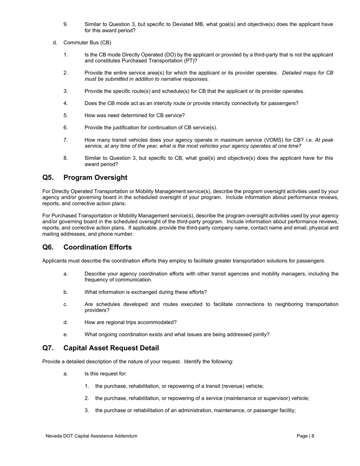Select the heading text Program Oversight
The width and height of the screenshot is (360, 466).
click(95, 178)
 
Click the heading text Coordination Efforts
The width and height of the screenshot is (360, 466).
click(97, 247)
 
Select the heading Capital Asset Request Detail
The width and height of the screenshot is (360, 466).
click(111, 348)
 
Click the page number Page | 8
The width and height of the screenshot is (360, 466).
click(305, 436)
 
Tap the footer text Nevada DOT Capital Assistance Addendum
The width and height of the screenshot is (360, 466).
click(91, 436)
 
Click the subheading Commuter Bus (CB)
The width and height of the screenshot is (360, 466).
click(87, 43)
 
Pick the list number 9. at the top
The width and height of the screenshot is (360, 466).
click(66, 25)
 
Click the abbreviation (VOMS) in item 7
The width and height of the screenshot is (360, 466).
click(293, 140)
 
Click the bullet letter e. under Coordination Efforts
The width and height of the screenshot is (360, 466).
click(66, 335)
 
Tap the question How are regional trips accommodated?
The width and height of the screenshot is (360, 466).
click(130, 322)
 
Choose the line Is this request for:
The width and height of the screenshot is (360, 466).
click(105, 374)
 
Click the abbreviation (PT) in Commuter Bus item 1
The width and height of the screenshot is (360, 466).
click(190, 61)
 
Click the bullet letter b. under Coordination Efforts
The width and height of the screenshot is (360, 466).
click(66, 292)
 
